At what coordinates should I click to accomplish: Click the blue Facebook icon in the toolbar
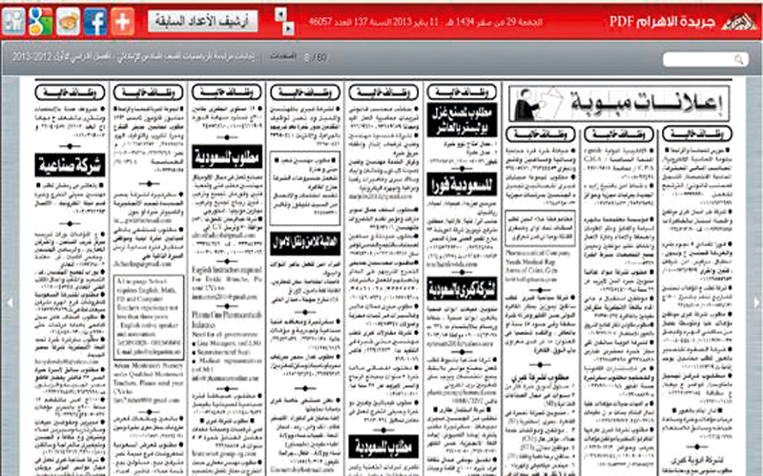pyautogui.click(x=95, y=19)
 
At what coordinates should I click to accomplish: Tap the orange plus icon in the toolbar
pyautogui.click(x=123, y=19)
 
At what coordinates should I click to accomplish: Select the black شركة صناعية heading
pyautogui.click(x=69, y=166)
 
